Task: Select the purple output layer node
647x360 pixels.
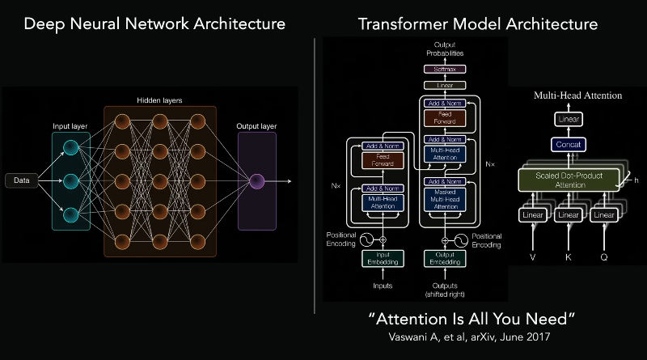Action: point(256,180)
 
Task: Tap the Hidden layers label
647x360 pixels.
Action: point(159,100)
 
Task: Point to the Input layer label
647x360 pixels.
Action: point(70,126)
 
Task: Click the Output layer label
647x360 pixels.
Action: point(256,126)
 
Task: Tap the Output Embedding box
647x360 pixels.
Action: point(445,258)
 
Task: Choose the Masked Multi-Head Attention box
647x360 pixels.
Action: point(445,199)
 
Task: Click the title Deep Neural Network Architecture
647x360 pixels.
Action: point(154,24)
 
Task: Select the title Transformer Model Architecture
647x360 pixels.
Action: point(478,24)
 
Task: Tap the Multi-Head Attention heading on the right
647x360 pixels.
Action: point(577,95)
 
